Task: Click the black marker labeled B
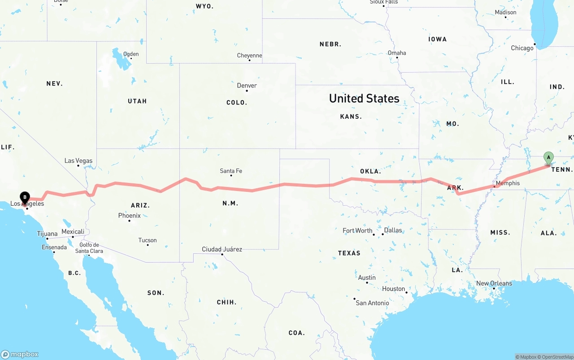click(25, 197)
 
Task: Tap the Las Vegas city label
click(78, 160)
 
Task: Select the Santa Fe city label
click(231, 171)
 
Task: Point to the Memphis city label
click(508, 183)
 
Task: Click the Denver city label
click(247, 85)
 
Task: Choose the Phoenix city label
click(130, 216)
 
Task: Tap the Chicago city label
click(522, 48)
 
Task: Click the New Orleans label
click(494, 283)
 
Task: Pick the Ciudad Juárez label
click(222, 249)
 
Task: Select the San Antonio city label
click(373, 303)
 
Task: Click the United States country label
click(364, 99)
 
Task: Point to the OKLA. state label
click(370, 171)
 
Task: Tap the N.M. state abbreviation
click(230, 203)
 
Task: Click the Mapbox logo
click(20, 354)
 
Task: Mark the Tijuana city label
click(47, 234)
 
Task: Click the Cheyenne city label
click(250, 56)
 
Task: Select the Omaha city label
click(397, 53)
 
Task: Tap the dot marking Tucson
click(148, 245)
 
